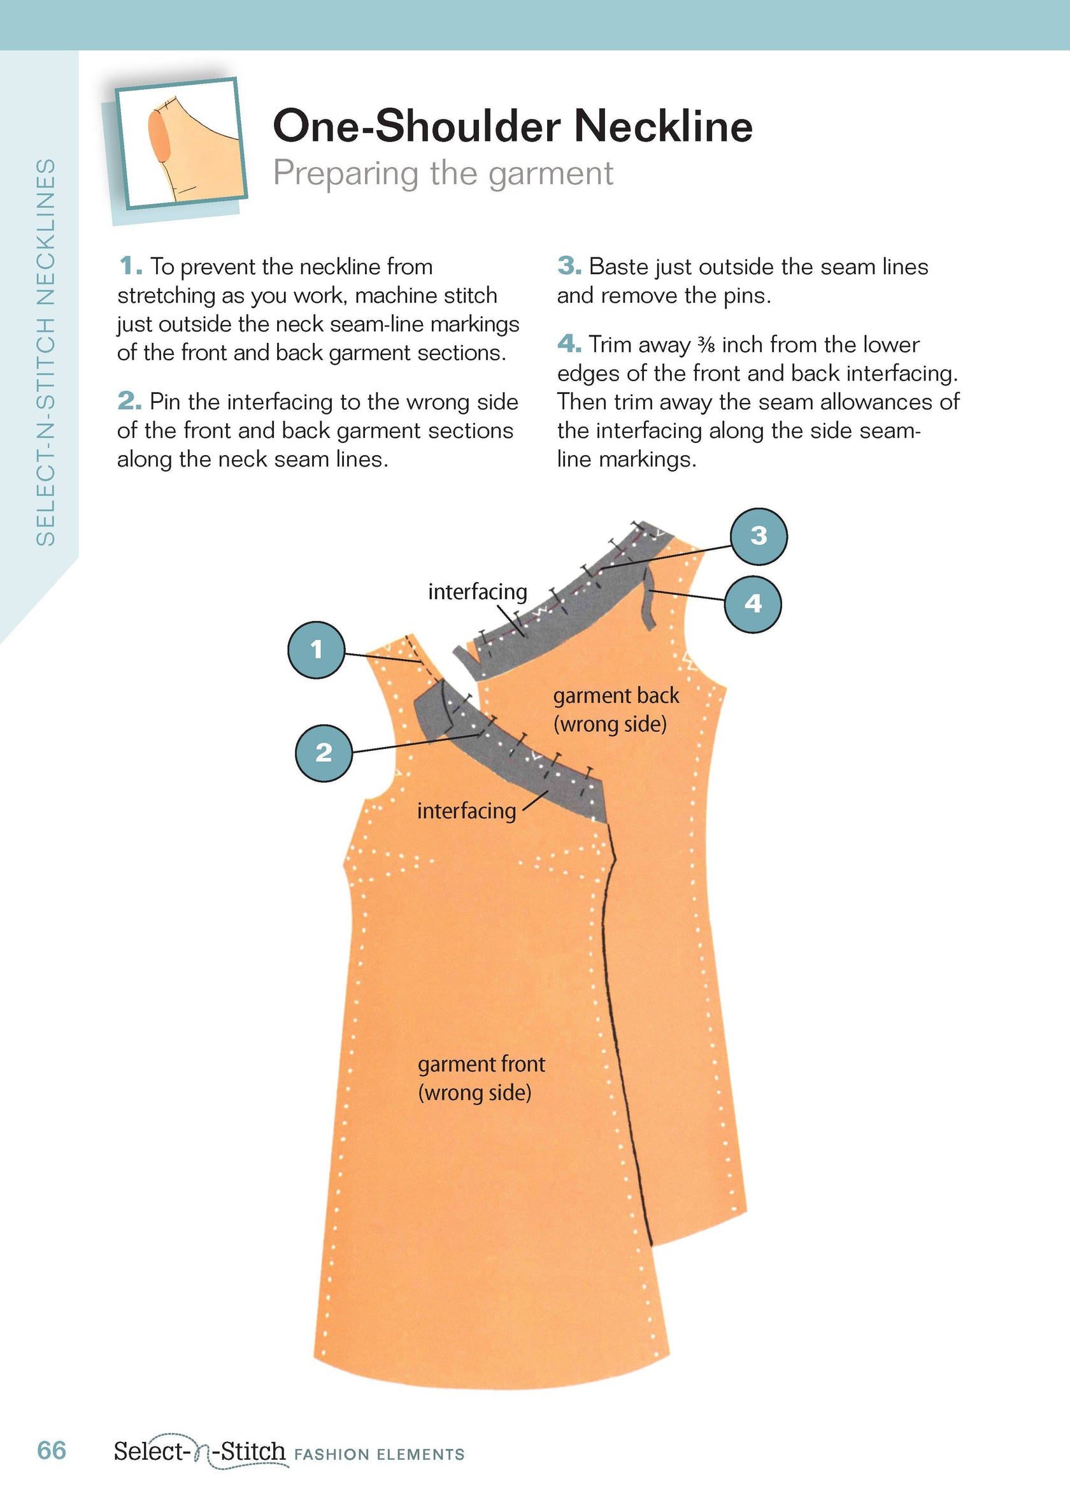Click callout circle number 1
tap(317, 650)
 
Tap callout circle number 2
tap(324, 753)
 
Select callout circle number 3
tap(759, 536)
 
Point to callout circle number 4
tap(752, 604)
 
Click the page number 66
tap(52, 1451)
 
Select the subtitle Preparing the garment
tap(443, 173)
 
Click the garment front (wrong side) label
tap(481, 1077)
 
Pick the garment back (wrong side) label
tap(615, 709)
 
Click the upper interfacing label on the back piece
tap(478, 592)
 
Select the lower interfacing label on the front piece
tap(466, 810)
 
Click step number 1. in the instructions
tap(131, 267)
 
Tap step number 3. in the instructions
tap(569, 266)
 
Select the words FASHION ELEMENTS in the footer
tap(380, 1454)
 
